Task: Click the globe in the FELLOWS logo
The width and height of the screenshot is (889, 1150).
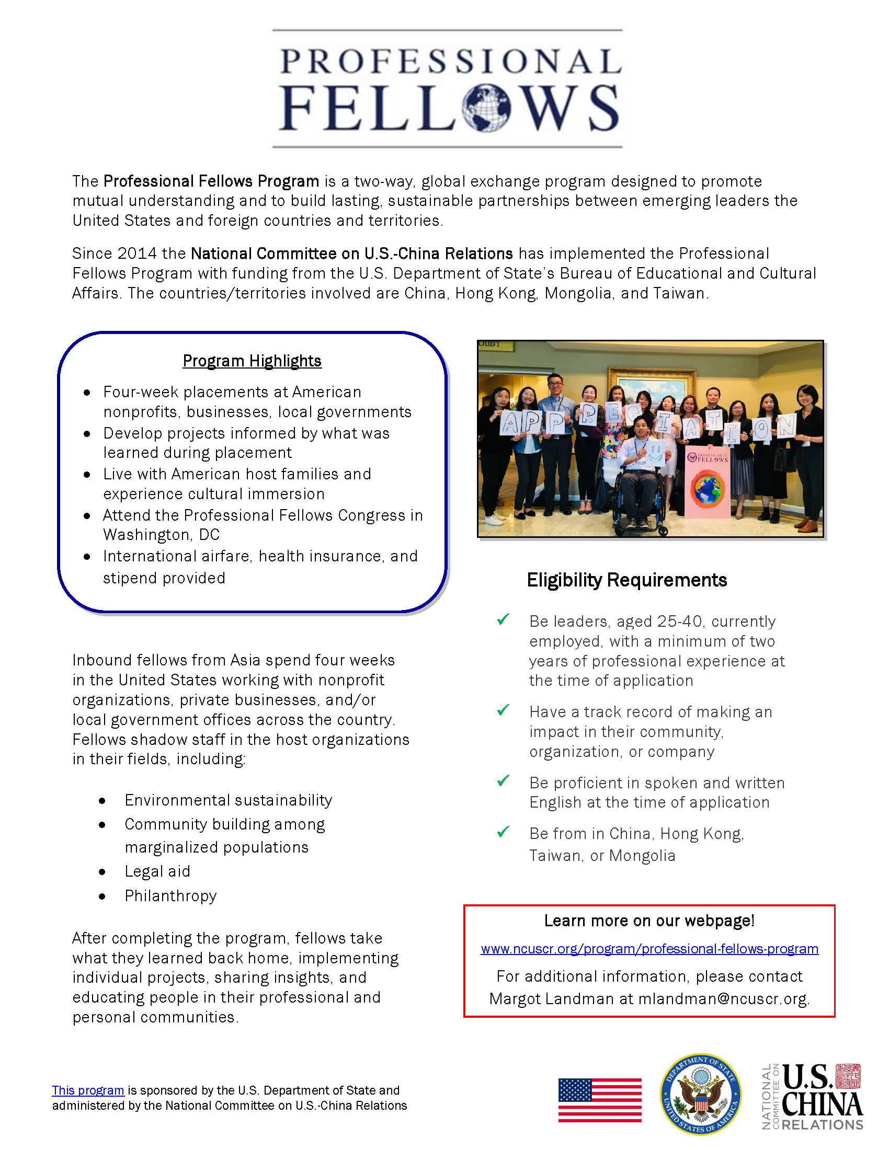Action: (x=486, y=109)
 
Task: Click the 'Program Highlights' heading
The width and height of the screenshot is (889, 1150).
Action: (x=252, y=361)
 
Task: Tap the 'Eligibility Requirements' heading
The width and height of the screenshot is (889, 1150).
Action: (x=626, y=580)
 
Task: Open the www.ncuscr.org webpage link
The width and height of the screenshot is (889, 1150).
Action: (x=649, y=949)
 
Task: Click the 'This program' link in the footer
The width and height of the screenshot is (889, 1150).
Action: (x=88, y=1090)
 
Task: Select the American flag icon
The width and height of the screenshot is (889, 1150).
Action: (x=600, y=1100)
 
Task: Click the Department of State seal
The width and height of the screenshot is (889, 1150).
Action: (x=700, y=1094)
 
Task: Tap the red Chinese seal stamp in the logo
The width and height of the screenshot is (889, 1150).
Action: (x=848, y=1076)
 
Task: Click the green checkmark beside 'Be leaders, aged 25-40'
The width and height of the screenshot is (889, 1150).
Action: (x=503, y=620)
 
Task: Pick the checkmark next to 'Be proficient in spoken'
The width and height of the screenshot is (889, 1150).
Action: (x=503, y=781)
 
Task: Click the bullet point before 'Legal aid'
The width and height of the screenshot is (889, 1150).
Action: (x=102, y=872)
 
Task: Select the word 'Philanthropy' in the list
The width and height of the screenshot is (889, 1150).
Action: (x=170, y=896)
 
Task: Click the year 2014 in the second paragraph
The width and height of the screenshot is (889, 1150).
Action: (x=137, y=254)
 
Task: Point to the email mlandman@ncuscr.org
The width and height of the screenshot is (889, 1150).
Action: (x=723, y=999)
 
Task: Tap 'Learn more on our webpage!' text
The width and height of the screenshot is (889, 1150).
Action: (x=649, y=921)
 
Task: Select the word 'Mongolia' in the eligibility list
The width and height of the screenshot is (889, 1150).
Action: (x=642, y=856)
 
